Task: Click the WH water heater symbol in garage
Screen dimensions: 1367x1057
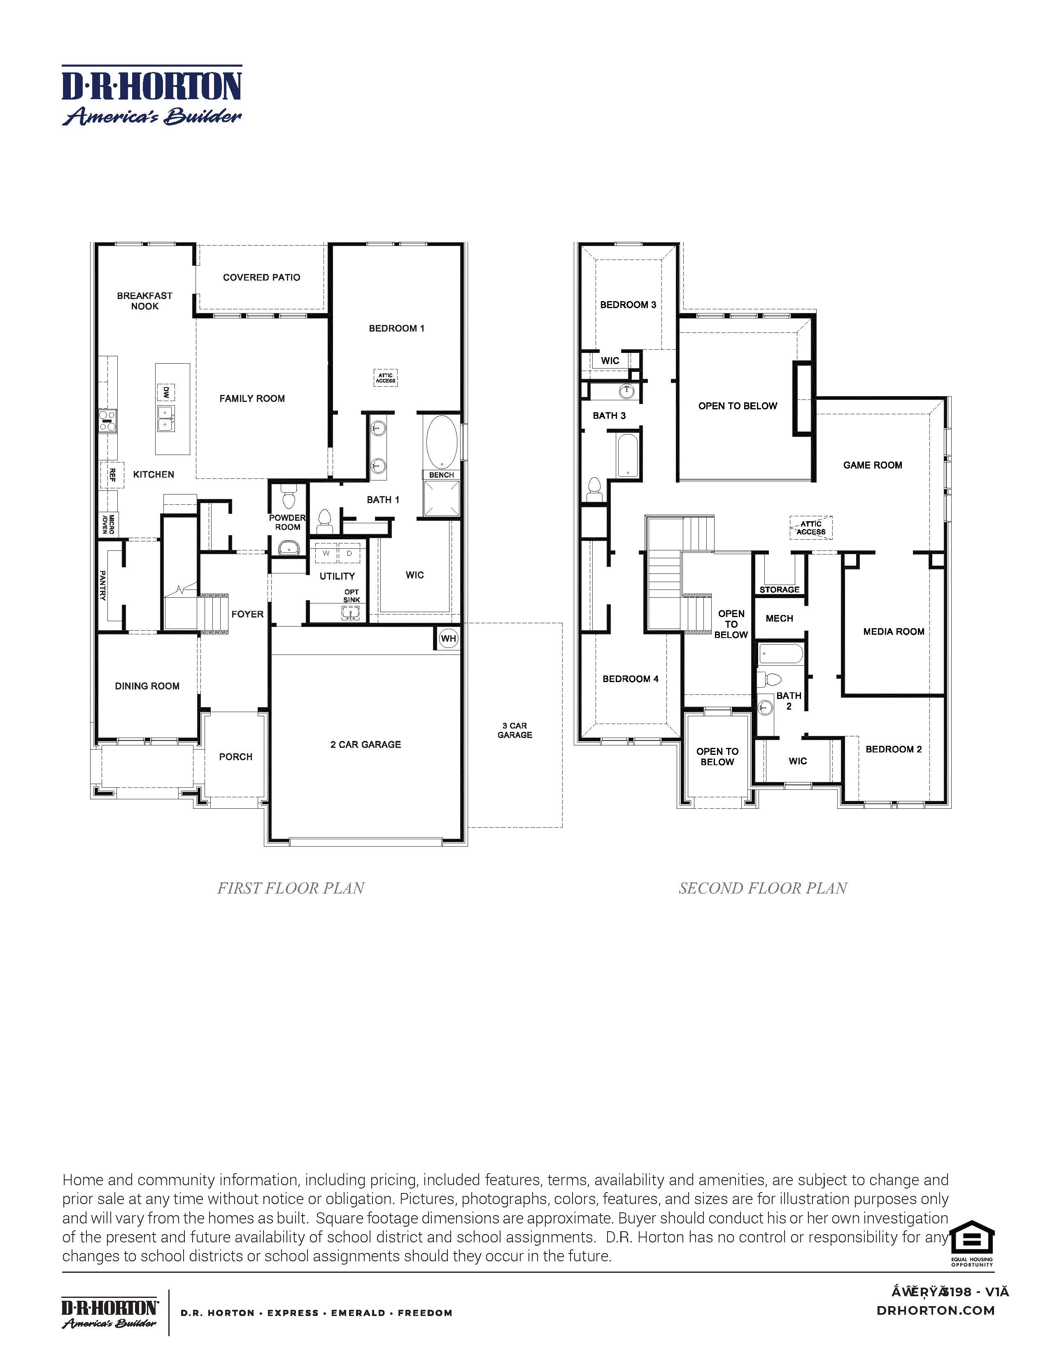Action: coord(448,639)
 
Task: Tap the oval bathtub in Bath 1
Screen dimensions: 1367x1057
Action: coord(442,442)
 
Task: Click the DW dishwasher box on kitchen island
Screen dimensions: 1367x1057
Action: coord(166,392)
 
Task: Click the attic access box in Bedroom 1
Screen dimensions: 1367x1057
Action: coord(386,378)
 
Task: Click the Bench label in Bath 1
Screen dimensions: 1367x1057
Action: coord(442,475)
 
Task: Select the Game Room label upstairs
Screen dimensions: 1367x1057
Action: coord(872,465)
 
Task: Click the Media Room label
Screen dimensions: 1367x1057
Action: coord(894,631)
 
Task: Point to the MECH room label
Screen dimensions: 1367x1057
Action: coord(779,618)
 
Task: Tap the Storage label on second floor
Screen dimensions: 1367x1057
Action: coord(779,590)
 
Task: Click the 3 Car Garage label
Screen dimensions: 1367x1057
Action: coord(515,731)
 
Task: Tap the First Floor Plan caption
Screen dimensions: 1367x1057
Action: coord(291,888)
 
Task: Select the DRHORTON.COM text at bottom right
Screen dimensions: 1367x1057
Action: coord(936,1310)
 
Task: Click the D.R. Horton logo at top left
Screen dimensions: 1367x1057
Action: coord(151,95)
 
